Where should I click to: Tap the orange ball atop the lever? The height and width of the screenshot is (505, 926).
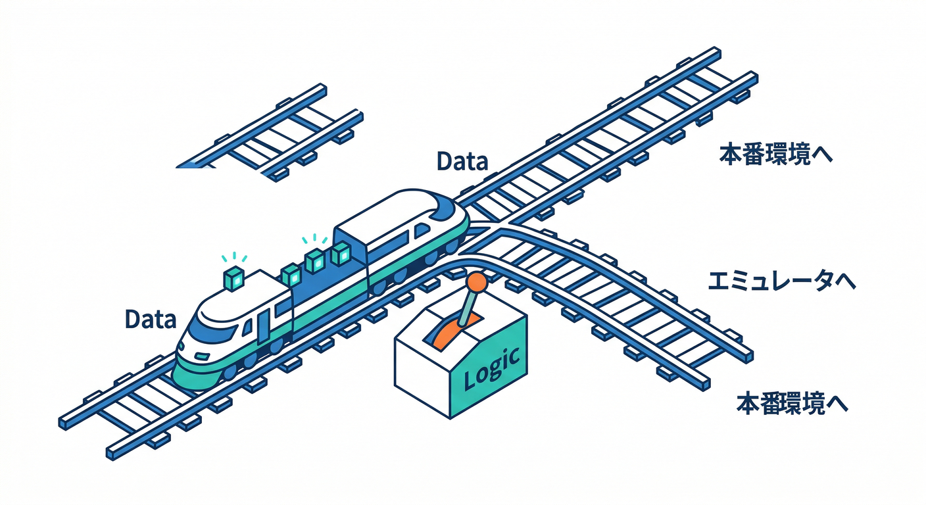(476, 282)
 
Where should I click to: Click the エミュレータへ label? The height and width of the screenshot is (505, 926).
(781, 282)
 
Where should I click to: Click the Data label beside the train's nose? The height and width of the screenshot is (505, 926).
(151, 320)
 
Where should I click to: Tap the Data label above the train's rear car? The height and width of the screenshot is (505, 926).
(463, 161)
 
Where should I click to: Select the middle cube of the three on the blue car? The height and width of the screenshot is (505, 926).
(316, 262)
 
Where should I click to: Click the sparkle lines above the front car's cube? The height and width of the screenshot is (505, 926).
(234, 258)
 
